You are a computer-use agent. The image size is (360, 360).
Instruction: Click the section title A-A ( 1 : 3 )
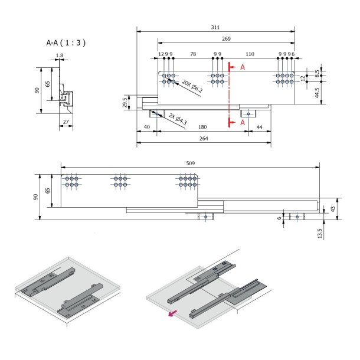(x=66, y=43)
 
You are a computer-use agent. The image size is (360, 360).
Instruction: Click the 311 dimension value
(x=215, y=28)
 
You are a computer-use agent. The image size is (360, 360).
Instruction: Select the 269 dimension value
(x=226, y=39)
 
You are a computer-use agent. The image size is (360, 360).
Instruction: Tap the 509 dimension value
(x=189, y=163)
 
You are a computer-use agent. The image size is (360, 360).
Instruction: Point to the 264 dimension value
(x=203, y=139)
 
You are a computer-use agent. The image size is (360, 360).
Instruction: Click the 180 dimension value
(x=202, y=127)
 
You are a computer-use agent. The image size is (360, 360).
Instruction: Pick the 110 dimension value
(x=250, y=54)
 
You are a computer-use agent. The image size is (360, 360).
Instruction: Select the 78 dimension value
(x=192, y=54)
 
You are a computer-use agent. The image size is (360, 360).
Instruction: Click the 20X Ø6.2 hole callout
(x=192, y=86)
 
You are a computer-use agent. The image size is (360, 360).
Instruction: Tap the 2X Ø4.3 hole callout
(x=178, y=118)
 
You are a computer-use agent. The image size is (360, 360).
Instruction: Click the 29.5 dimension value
(x=125, y=102)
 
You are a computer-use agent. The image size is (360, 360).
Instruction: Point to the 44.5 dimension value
(x=317, y=93)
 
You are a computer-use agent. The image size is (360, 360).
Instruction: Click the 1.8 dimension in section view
(x=59, y=56)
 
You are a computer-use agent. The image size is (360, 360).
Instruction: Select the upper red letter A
(x=241, y=68)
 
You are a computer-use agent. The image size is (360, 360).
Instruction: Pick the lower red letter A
(x=241, y=122)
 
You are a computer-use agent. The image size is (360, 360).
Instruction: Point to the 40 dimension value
(x=146, y=127)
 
